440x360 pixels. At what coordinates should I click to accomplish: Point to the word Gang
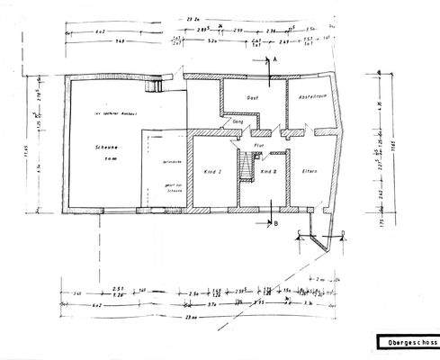[x=238, y=120]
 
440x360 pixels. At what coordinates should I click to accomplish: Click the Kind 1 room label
[x=214, y=170]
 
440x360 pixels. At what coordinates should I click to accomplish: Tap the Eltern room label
[x=310, y=169]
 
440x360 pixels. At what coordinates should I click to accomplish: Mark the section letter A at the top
[x=275, y=57]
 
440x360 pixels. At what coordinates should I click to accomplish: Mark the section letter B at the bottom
[x=275, y=223]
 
